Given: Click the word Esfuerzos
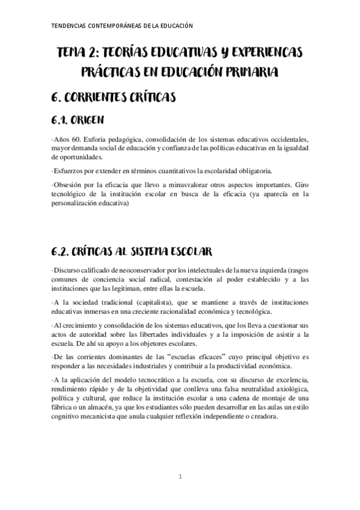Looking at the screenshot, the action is (68, 171).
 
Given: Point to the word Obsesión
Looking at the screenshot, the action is (69, 184).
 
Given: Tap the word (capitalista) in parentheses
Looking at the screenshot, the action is (153, 302).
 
